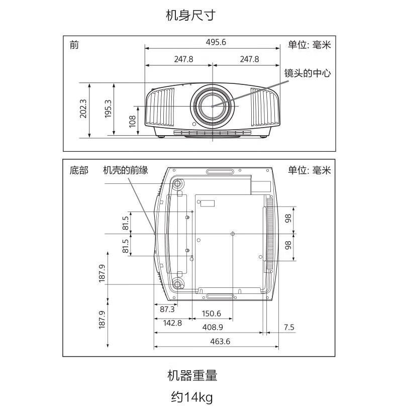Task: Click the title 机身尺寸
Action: [x=190, y=16]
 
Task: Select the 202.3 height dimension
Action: [x=83, y=109]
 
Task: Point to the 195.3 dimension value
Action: [x=108, y=109]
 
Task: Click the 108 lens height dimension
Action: [x=133, y=121]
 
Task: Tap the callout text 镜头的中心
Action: [x=308, y=73]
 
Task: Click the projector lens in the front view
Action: [x=212, y=106]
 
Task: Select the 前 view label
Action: [x=74, y=45]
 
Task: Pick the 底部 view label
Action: [x=78, y=171]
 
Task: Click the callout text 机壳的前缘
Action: [x=126, y=171]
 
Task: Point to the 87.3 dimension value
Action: [x=167, y=309]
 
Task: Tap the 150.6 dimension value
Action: [x=211, y=314]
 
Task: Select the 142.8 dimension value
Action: [x=172, y=323]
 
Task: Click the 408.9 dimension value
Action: [x=213, y=328]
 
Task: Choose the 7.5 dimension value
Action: [x=289, y=328]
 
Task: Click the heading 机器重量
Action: [x=192, y=375]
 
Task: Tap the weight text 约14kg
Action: [x=191, y=397]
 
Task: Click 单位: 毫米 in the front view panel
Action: [x=309, y=45]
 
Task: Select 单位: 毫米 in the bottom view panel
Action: [x=309, y=171]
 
